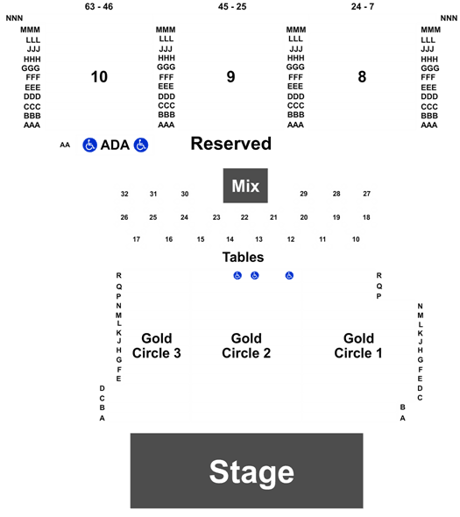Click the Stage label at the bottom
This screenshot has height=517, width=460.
click(251, 473)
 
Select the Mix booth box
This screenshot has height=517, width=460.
click(245, 186)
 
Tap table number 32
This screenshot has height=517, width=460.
click(124, 194)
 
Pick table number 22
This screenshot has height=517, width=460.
click(244, 217)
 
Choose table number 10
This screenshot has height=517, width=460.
click(356, 239)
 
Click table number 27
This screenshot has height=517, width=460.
click(366, 194)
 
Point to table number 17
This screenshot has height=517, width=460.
click(137, 239)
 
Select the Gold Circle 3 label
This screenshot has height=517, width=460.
click(157, 345)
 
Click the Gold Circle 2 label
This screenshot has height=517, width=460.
click(246, 345)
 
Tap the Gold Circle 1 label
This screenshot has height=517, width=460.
click(358, 345)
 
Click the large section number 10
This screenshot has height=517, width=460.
click(99, 77)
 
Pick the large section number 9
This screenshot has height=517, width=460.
click(230, 77)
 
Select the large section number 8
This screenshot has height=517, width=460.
click(362, 77)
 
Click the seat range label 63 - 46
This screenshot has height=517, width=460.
click(99, 7)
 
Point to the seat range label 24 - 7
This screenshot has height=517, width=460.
click(363, 7)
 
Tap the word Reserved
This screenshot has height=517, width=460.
click(231, 144)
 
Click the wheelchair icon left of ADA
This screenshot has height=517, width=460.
click(89, 145)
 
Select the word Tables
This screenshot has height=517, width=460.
click(243, 257)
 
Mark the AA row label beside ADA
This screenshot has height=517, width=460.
click(65, 145)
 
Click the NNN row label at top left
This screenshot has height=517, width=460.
click(15, 18)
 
